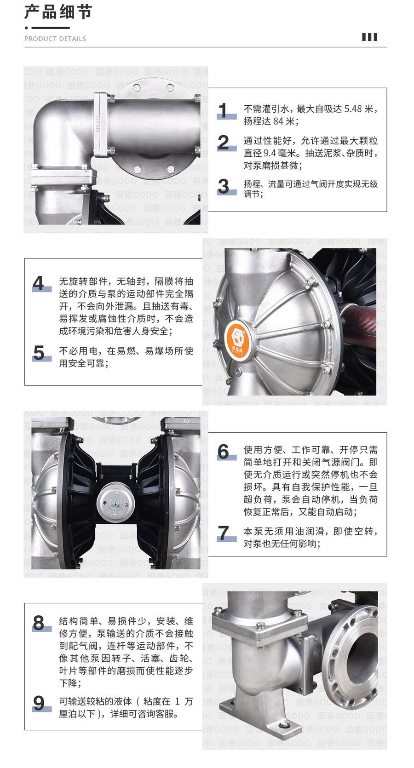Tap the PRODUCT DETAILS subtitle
click(55, 39)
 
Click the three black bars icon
click(370, 37)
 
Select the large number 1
click(224, 110)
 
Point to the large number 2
click(224, 142)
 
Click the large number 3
click(224, 186)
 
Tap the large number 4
click(39, 284)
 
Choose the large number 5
click(39, 353)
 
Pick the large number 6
click(223, 452)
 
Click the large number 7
click(224, 533)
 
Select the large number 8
click(39, 623)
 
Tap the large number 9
click(39, 703)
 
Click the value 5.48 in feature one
click(353, 109)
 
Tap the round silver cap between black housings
click(114, 503)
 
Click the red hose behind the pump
click(358, 325)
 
